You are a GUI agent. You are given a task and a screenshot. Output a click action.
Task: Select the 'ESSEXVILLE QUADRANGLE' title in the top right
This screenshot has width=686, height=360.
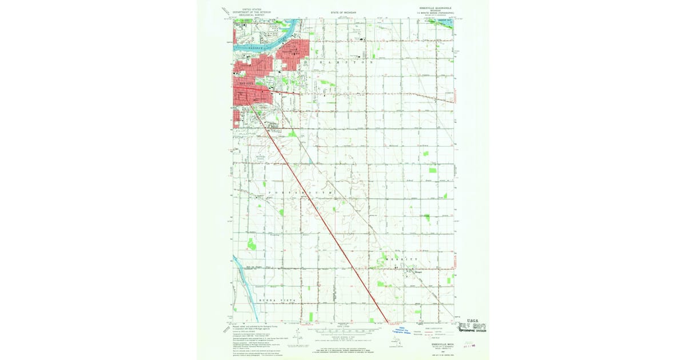(435, 9)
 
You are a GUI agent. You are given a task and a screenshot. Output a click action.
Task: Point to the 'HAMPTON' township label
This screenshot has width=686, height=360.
(346, 61)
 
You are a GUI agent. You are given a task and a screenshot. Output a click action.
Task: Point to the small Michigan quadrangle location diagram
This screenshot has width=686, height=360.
(394, 341)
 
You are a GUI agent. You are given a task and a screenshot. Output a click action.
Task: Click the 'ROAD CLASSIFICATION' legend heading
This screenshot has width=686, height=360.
(434, 327)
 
